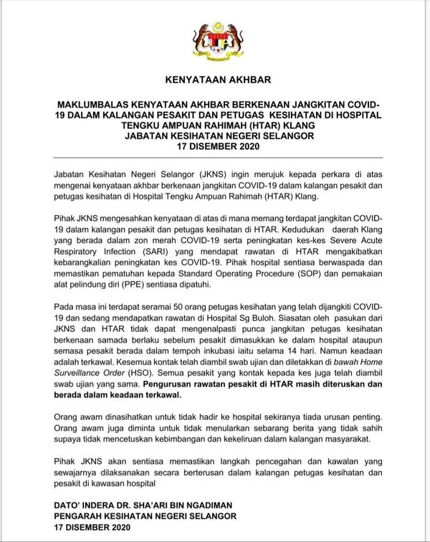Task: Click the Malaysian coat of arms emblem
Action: click(x=215, y=41)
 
